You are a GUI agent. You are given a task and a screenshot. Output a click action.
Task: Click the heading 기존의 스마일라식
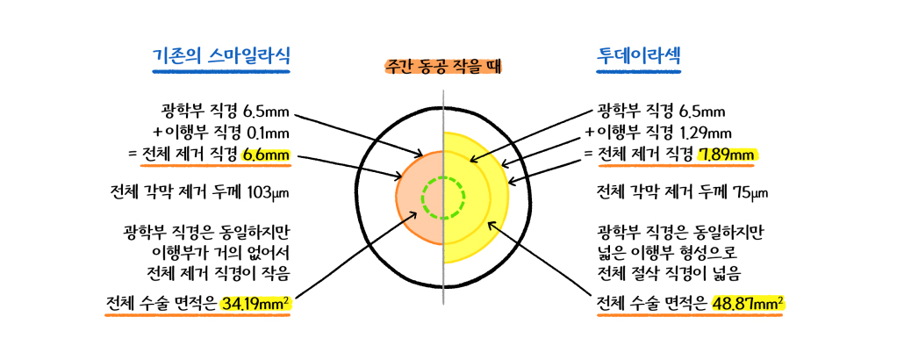point(221,57)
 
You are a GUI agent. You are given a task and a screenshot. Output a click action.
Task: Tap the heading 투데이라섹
point(638,57)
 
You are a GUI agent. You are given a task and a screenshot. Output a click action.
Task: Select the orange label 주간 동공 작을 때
point(443,67)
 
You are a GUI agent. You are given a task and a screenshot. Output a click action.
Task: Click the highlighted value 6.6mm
point(266,155)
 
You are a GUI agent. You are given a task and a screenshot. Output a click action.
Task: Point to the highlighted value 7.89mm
point(728,155)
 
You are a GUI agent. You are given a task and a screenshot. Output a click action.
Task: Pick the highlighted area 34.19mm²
point(256,303)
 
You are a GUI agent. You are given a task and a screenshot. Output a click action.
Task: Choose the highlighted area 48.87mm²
point(749,303)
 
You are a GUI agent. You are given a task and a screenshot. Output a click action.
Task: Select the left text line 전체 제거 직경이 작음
point(219,275)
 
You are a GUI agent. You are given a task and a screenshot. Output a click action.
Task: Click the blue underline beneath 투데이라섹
point(639,72)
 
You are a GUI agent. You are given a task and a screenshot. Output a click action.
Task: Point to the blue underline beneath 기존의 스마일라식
point(221,72)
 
